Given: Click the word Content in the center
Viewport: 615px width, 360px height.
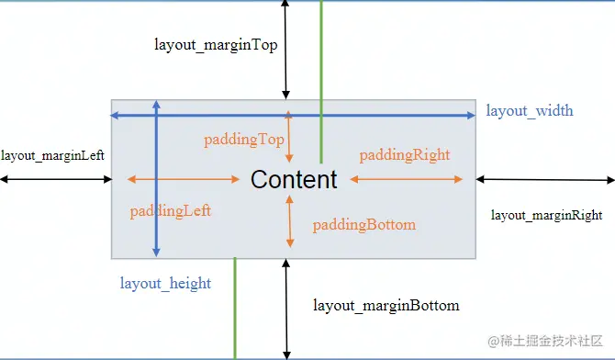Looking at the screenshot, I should click(294, 179).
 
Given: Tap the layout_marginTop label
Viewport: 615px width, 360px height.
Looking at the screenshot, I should click(216, 44).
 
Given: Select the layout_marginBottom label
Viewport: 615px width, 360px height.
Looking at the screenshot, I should click(386, 305).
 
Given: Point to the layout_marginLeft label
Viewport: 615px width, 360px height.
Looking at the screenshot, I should click(52, 155).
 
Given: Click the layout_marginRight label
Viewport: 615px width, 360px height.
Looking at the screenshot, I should click(546, 215).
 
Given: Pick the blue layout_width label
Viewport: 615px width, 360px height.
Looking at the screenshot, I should click(530, 111).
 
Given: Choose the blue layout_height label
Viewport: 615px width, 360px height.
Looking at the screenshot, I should click(165, 283).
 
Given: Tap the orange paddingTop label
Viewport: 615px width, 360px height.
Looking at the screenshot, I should click(243, 140).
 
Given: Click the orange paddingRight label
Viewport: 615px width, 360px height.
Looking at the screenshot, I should click(405, 155).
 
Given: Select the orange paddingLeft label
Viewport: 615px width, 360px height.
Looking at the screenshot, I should click(171, 210).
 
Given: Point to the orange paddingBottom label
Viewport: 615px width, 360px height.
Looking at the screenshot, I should click(364, 225).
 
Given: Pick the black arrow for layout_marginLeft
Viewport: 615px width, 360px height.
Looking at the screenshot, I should click(55, 179).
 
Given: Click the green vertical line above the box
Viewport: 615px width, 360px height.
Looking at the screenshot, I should click(321, 55).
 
